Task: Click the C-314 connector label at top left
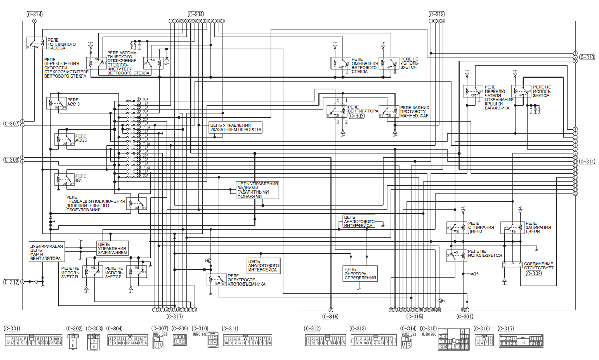pyautogui.click(x=33, y=14)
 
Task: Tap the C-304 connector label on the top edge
pyautogui.click(x=196, y=14)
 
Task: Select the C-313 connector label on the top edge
pyautogui.click(x=437, y=14)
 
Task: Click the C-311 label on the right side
pyautogui.click(x=587, y=161)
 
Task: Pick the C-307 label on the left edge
pyautogui.click(x=11, y=124)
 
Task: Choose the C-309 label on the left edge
pyautogui.click(x=11, y=160)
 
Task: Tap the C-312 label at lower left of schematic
pyautogui.click(x=11, y=282)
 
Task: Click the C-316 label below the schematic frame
pyautogui.click(x=330, y=316)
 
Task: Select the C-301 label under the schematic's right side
pyautogui.click(x=465, y=316)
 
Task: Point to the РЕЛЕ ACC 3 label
pyautogui.click(x=73, y=101)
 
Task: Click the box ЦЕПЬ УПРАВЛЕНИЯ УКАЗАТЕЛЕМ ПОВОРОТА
pyautogui.click(x=235, y=127)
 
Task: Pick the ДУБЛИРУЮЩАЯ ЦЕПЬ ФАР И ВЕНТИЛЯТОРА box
pyautogui.click(x=46, y=251)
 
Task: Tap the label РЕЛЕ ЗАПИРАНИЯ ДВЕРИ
pyautogui.click(x=538, y=227)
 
